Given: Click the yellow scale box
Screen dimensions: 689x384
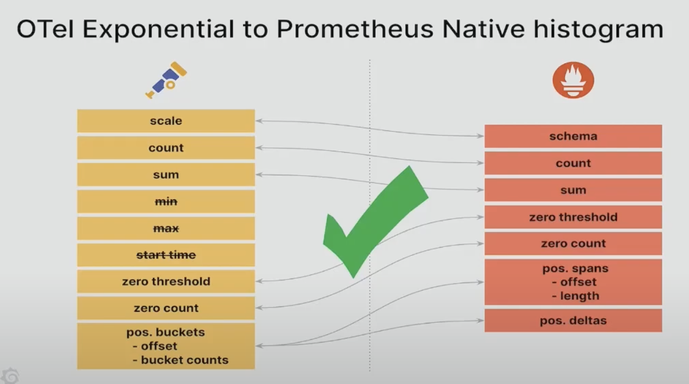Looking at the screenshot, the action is coord(166,121).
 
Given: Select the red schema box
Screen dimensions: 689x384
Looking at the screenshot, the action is coord(573,136).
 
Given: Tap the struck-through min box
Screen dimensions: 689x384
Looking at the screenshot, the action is coord(166,201).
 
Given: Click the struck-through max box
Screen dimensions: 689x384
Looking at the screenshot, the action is coord(166,229).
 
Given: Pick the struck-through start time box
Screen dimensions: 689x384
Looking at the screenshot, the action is coord(166,255).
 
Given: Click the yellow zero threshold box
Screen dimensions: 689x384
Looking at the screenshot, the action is coord(166,281).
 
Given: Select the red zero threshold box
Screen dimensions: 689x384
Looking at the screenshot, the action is coord(573,217).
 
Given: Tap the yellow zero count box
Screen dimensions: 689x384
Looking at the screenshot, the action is coord(166,308).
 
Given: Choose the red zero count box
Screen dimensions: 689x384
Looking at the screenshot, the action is coord(573,244).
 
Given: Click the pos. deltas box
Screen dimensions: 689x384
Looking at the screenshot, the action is coord(573,321).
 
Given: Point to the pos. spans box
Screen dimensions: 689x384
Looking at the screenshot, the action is coord(573,282).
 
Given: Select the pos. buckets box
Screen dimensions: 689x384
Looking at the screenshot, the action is coord(166,346).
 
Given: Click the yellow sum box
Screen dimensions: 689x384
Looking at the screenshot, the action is coord(166,175).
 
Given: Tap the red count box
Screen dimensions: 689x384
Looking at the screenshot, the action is coord(573,163).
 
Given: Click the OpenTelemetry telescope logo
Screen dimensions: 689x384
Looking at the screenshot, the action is coord(166,80).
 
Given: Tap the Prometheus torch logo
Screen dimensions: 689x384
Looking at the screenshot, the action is coord(573,80).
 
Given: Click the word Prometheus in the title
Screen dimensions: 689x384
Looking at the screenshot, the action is coord(355,29).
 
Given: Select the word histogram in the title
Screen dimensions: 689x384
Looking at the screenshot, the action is coord(599,29).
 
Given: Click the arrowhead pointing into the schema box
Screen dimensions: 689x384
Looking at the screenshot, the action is coord(480,136).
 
